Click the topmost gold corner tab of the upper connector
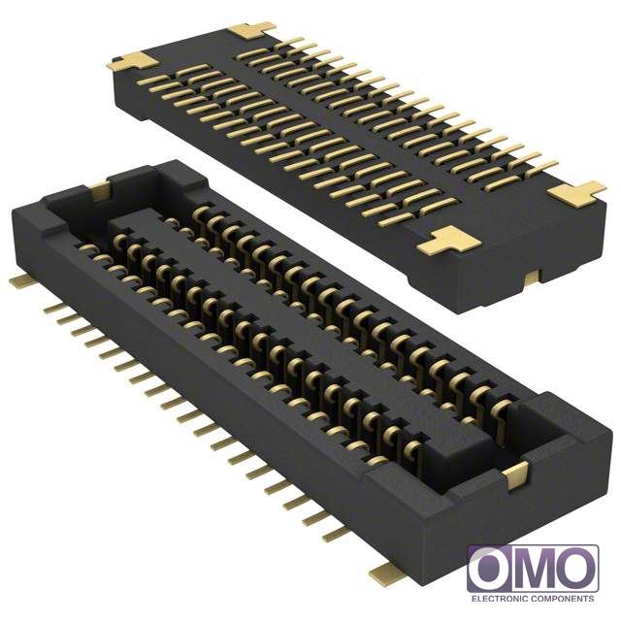pos(251,31)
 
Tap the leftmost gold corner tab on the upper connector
pos(133,62)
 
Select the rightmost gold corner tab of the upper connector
pos(577,194)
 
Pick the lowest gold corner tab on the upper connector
pos(448,241)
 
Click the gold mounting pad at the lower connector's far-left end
pos(21,281)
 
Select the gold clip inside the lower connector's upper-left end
pos(99,191)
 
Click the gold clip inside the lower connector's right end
pos(515,475)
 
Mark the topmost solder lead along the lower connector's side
pos(54,309)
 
